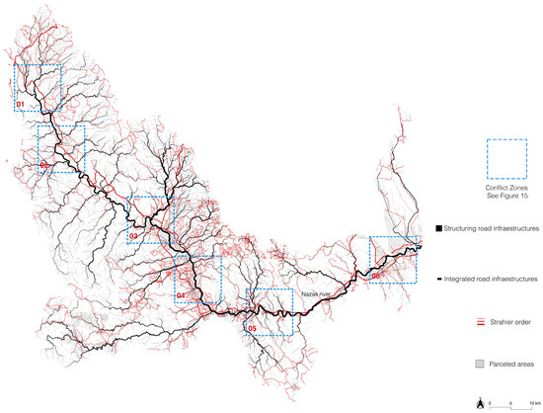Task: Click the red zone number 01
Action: (21, 104)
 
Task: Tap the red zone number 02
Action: (44, 165)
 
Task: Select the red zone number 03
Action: (133, 236)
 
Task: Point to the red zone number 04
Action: (181, 295)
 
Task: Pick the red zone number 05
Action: (252, 328)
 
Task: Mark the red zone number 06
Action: (376, 276)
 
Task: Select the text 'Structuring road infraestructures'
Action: (492, 228)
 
